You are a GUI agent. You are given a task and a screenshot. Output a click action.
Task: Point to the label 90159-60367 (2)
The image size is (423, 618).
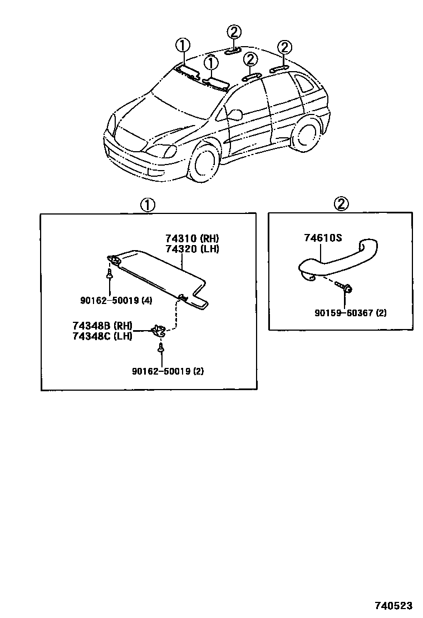coord(350,313)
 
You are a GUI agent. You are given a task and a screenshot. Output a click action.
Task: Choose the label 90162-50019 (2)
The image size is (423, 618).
coord(168,371)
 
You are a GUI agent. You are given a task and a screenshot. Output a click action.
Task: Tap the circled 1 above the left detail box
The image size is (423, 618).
coord(147,205)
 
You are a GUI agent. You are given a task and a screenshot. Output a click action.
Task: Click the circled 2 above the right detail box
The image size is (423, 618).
coord(341,204)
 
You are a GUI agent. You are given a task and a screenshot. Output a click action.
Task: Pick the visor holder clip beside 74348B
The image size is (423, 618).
coord(159,331)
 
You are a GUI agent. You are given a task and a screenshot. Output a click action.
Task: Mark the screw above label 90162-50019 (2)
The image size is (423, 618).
coord(161,348)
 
